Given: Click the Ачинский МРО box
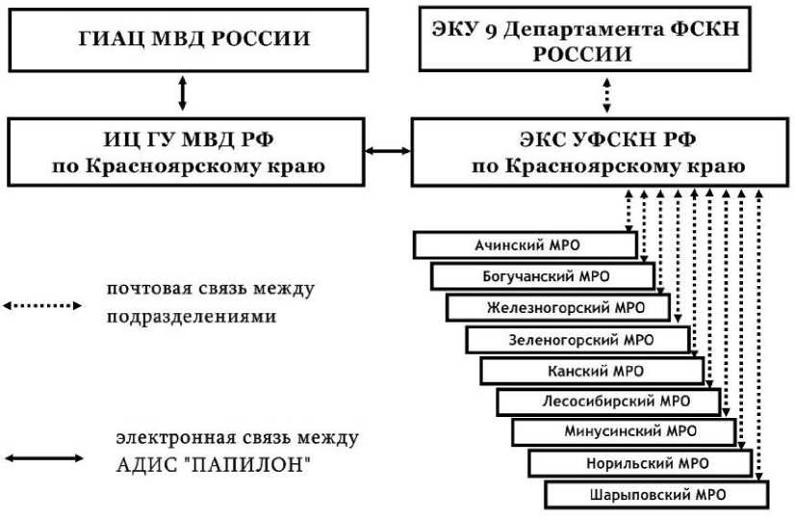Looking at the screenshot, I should pyautogui.click(x=525, y=245).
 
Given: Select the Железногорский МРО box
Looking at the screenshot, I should pyautogui.click(x=558, y=308).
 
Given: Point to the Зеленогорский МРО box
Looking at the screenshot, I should pyautogui.click(x=577, y=340).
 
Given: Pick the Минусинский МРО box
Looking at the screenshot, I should pyautogui.click(x=624, y=432).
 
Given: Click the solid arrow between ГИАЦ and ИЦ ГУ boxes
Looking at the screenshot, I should pyautogui.click(x=183, y=93).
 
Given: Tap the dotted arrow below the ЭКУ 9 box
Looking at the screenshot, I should pyautogui.click(x=605, y=94).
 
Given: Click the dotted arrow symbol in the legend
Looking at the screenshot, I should pyautogui.click(x=42, y=306).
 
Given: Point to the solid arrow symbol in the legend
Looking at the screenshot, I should pyautogui.click(x=42, y=458).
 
